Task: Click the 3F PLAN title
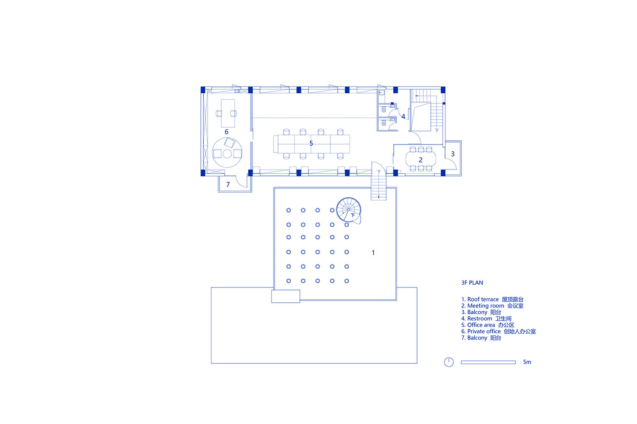coord(472,282)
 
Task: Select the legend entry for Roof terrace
coord(492,299)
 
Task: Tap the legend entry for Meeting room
coord(492,306)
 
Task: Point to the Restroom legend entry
coord(486,319)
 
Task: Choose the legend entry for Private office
coord(499,332)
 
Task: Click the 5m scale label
coord(527,362)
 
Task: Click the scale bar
coord(488,363)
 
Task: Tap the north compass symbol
coord(449,362)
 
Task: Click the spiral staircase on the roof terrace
coord(349,210)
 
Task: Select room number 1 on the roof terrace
coord(373,252)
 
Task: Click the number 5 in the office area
coord(311,143)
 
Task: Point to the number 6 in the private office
coord(226,132)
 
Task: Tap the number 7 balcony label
coord(228,184)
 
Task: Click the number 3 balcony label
coord(453,154)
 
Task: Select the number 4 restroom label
coord(403,117)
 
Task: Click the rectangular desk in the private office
coord(228,113)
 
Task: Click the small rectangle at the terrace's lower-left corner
coord(285,296)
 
